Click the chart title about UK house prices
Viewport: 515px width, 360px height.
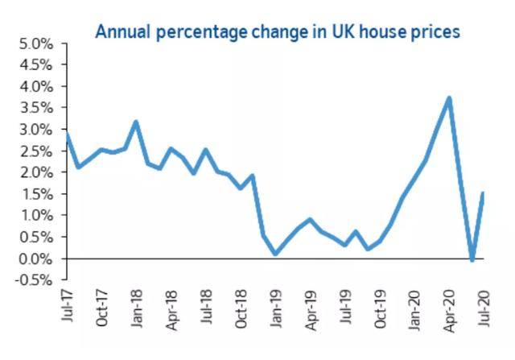coord(278,32)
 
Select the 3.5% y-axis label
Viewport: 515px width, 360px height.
coord(35,108)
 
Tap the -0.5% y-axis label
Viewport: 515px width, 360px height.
coord(33,280)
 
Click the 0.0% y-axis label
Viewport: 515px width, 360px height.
coord(35,259)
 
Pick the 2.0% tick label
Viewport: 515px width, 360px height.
coord(35,172)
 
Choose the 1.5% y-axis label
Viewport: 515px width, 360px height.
coord(35,194)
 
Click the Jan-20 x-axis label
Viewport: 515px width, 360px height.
coord(414,304)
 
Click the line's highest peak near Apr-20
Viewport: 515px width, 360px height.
coord(449,98)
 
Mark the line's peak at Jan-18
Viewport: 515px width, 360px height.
coord(136,122)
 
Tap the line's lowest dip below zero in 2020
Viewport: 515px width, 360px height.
coord(472,260)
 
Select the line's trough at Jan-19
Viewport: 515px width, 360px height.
coord(275,254)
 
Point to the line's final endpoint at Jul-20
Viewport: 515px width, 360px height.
coord(483,193)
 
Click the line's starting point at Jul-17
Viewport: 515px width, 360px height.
coord(66,134)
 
